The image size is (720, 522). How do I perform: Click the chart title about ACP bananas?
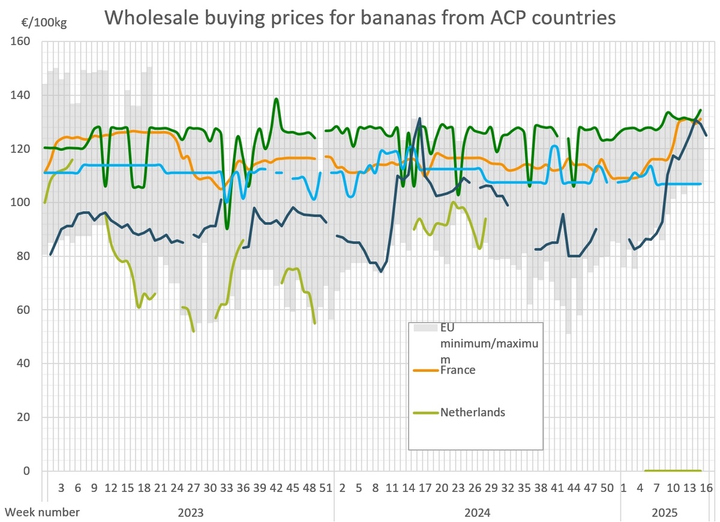(361, 17)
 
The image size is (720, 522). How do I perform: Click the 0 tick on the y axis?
(27, 471)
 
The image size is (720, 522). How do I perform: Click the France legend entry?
(458, 370)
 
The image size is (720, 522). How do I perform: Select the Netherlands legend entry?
(472, 412)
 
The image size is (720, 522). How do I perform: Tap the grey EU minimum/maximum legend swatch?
(427, 328)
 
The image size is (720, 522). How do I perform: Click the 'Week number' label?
(42, 512)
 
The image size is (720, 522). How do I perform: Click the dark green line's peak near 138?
(276, 99)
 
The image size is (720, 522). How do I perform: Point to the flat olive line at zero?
(673, 470)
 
